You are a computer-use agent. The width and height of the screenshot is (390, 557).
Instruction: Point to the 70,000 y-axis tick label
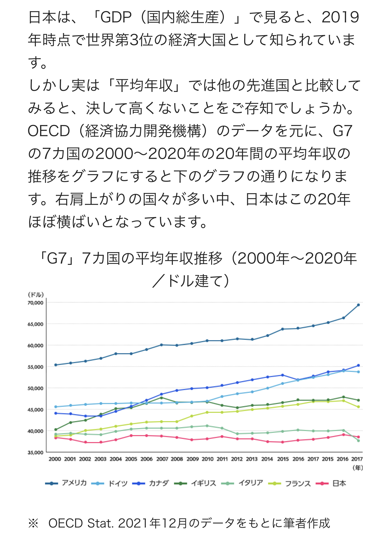pos(36,303)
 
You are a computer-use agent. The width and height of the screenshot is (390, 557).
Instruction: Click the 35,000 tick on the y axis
pos(36,453)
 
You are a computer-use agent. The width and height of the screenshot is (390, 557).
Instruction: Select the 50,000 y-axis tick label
pos(36,388)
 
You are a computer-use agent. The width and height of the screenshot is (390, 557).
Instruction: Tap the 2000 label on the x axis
pos(55,459)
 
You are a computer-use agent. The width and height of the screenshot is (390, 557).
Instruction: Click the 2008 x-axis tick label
pos(177,459)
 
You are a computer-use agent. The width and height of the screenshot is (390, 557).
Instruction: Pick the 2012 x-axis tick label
pos(237,459)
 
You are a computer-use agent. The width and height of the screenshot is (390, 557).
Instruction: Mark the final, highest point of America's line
pos(358,305)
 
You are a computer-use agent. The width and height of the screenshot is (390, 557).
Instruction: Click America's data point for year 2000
pos(56,365)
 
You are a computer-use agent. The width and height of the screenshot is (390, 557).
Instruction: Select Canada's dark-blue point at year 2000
pos(56,413)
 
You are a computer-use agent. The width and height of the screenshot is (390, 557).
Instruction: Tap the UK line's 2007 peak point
pos(161,398)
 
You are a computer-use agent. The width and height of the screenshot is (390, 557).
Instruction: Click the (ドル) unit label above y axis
pos(36,295)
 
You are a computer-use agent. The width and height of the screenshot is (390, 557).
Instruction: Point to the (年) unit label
pos(358,468)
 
